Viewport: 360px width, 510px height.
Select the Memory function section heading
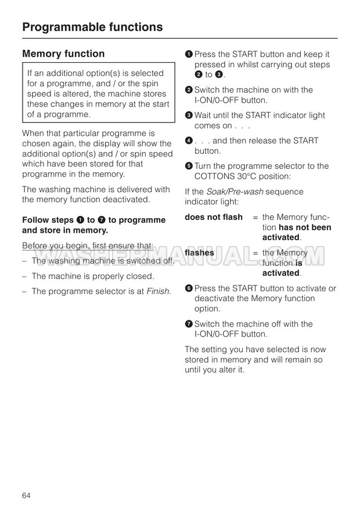coord(63,54)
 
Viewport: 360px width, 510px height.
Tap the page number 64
coord(26,495)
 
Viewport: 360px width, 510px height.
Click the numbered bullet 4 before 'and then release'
coord(188,141)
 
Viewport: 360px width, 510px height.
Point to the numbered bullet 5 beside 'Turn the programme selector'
coord(188,167)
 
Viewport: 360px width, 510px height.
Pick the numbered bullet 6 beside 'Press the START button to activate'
coord(188,288)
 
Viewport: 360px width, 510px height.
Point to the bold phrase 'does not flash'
coord(214,217)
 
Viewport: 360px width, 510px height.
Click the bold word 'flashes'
coord(199,253)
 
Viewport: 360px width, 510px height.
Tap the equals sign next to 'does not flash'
coord(255,217)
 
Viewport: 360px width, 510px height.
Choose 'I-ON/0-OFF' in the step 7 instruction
coord(216,334)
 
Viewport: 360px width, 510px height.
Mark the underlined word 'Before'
coord(36,246)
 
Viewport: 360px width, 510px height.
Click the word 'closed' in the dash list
coord(141,276)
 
